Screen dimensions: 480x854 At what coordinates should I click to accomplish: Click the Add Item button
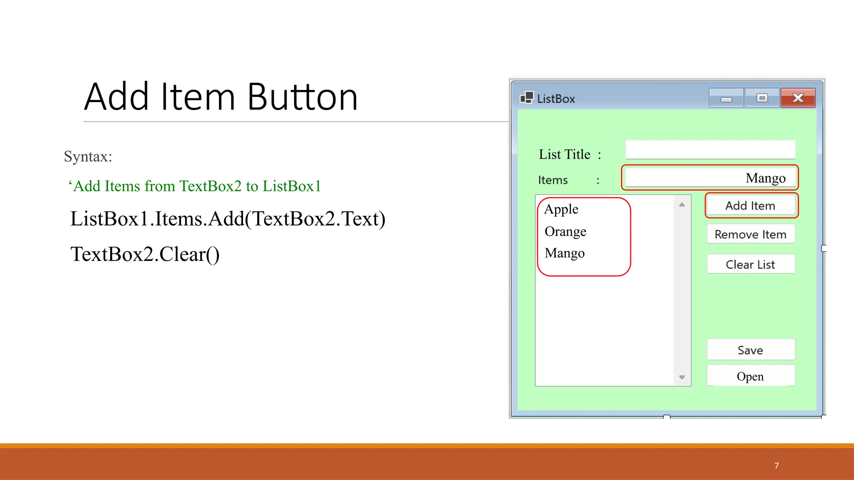tap(751, 205)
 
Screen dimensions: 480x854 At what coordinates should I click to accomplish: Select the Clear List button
tap(751, 264)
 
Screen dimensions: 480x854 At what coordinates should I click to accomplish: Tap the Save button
tap(751, 350)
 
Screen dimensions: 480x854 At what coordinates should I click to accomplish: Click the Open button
tap(751, 376)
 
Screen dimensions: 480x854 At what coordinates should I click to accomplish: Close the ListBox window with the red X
tap(798, 98)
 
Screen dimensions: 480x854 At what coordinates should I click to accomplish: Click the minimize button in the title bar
tap(726, 99)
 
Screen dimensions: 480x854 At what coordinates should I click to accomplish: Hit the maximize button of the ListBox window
tap(762, 98)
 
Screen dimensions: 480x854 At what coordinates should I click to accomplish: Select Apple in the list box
tap(561, 209)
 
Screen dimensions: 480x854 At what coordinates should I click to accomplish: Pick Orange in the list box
tap(565, 231)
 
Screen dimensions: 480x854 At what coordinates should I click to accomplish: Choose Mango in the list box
tap(565, 253)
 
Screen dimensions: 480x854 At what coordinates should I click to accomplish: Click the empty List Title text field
tap(710, 150)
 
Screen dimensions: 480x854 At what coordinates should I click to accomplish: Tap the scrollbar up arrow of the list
tap(682, 205)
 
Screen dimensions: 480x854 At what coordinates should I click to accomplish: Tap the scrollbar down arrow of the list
tap(682, 377)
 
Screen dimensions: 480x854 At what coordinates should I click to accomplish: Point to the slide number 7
tap(776, 465)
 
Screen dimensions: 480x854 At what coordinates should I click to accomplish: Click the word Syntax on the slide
tap(88, 157)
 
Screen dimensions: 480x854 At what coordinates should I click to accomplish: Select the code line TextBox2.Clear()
tap(145, 254)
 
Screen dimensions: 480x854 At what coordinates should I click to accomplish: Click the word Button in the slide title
tap(302, 97)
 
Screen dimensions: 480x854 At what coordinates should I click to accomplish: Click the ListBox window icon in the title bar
tap(527, 98)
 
